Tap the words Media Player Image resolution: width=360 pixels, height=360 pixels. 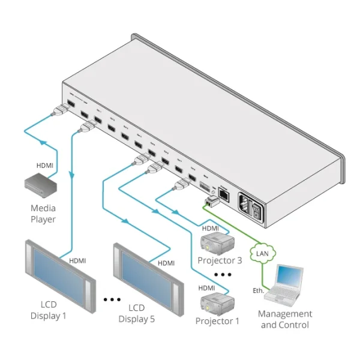pos(43,214)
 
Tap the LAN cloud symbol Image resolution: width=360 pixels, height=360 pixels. pos(262,252)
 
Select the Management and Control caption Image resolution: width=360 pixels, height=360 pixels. pos(285,319)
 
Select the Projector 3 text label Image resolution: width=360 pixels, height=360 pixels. pos(220,260)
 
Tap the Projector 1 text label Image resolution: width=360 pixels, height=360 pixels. pos(217,321)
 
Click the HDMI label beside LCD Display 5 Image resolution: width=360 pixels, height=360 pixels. pos(166,263)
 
